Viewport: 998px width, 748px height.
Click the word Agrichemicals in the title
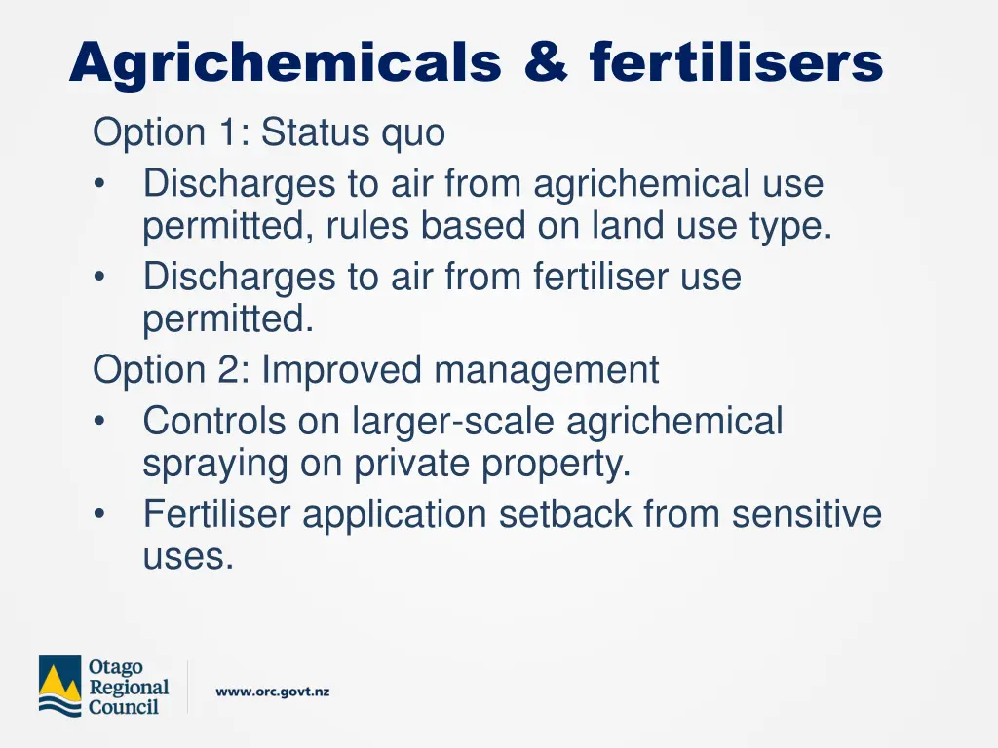click(x=286, y=63)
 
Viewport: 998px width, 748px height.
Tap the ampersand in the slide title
click(x=545, y=63)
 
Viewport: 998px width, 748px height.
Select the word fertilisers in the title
click(x=736, y=63)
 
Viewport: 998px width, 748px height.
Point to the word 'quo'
click(x=413, y=133)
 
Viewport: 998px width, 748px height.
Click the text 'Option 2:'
click(x=171, y=370)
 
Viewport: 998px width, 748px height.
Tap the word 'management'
click(x=547, y=371)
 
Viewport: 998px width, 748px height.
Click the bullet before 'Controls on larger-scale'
click(x=100, y=423)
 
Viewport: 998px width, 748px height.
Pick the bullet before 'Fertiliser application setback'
click(x=100, y=515)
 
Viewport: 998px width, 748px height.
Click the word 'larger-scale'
click(x=453, y=422)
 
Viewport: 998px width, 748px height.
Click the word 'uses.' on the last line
click(x=188, y=558)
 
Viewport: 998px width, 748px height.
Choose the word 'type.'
click(x=790, y=227)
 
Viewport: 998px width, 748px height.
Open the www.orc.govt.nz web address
click(x=273, y=692)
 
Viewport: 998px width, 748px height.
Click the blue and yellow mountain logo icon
click(x=59, y=688)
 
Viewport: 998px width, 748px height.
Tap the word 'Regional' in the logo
click(x=129, y=688)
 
